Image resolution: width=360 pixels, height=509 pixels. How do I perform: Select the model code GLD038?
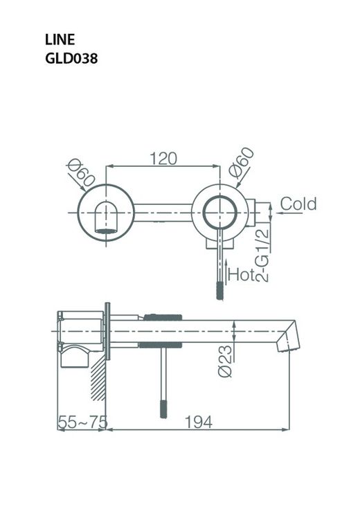point(71,59)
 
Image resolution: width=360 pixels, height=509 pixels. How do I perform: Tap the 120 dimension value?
point(163,158)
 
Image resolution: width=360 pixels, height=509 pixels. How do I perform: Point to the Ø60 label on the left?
point(81,171)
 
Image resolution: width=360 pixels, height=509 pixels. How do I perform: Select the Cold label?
point(298,204)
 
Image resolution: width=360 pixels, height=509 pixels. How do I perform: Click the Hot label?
point(243,274)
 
